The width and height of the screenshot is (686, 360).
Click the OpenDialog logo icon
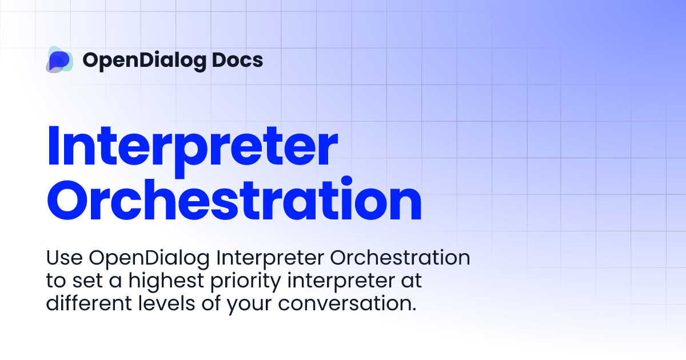(59, 59)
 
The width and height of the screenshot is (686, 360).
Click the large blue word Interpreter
(192, 147)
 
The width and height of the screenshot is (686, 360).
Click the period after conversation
(413, 309)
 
